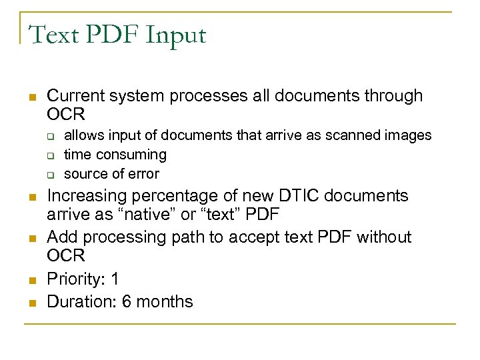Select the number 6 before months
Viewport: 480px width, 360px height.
click(125, 301)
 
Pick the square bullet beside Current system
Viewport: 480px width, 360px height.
click(31, 98)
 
